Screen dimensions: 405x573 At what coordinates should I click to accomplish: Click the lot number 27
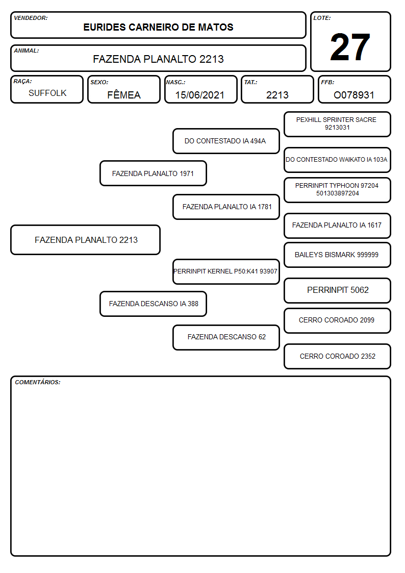pyautogui.click(x=350, y=47)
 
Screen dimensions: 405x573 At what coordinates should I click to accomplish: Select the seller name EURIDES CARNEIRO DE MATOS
pyautogui.click(x=158, y=28)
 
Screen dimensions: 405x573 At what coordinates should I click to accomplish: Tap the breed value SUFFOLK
pyautogui.click(x=47, y=93)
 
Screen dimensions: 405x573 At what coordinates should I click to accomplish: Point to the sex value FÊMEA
pyautogui.click(x=124, y=95)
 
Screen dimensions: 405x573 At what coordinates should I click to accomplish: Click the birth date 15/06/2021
pyautogui.click(x=200, y=95)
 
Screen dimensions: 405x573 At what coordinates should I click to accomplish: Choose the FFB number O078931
pyautogui.click(x=354, y=95)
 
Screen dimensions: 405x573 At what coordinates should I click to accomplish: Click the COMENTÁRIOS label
pyautogui.click(x=38, y=382)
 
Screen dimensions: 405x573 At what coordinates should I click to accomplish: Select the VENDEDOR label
pyautogui.click(x=31, y=18)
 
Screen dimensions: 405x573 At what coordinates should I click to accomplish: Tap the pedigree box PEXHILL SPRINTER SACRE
pyautogui.click(x=338, y=124)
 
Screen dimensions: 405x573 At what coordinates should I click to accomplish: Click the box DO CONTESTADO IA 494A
pyautogui.click(x=226, y=141)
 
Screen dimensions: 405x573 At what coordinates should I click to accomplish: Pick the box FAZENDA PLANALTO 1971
pyautogui.click(x=154, y=173)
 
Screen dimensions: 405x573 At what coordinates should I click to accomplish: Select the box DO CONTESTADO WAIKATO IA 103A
pyautogui.click(x=338, y=160)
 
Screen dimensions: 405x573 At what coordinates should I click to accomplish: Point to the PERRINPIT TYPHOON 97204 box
pyautogui.click(x=338, y=190)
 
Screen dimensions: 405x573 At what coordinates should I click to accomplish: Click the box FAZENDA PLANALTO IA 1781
pyautogui.click(x=226, y=207)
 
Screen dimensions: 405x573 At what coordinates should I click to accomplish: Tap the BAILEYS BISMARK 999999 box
pyautogui.click(x=338, y=255)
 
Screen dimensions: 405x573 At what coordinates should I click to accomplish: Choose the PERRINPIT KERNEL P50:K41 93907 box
pyautogui.click(x=226, y=271)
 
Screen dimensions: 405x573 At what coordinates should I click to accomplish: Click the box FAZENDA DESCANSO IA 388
pyautogui.click(x=154, y=304)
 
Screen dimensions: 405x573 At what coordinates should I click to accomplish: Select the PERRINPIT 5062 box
pyautogui.click(x=338, y=290)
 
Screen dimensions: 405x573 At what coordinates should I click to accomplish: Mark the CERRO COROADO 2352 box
pyautogui.click(x=338, y=356)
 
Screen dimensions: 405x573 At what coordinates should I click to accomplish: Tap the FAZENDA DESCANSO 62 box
pyautogui.click(x=226, y=337)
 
